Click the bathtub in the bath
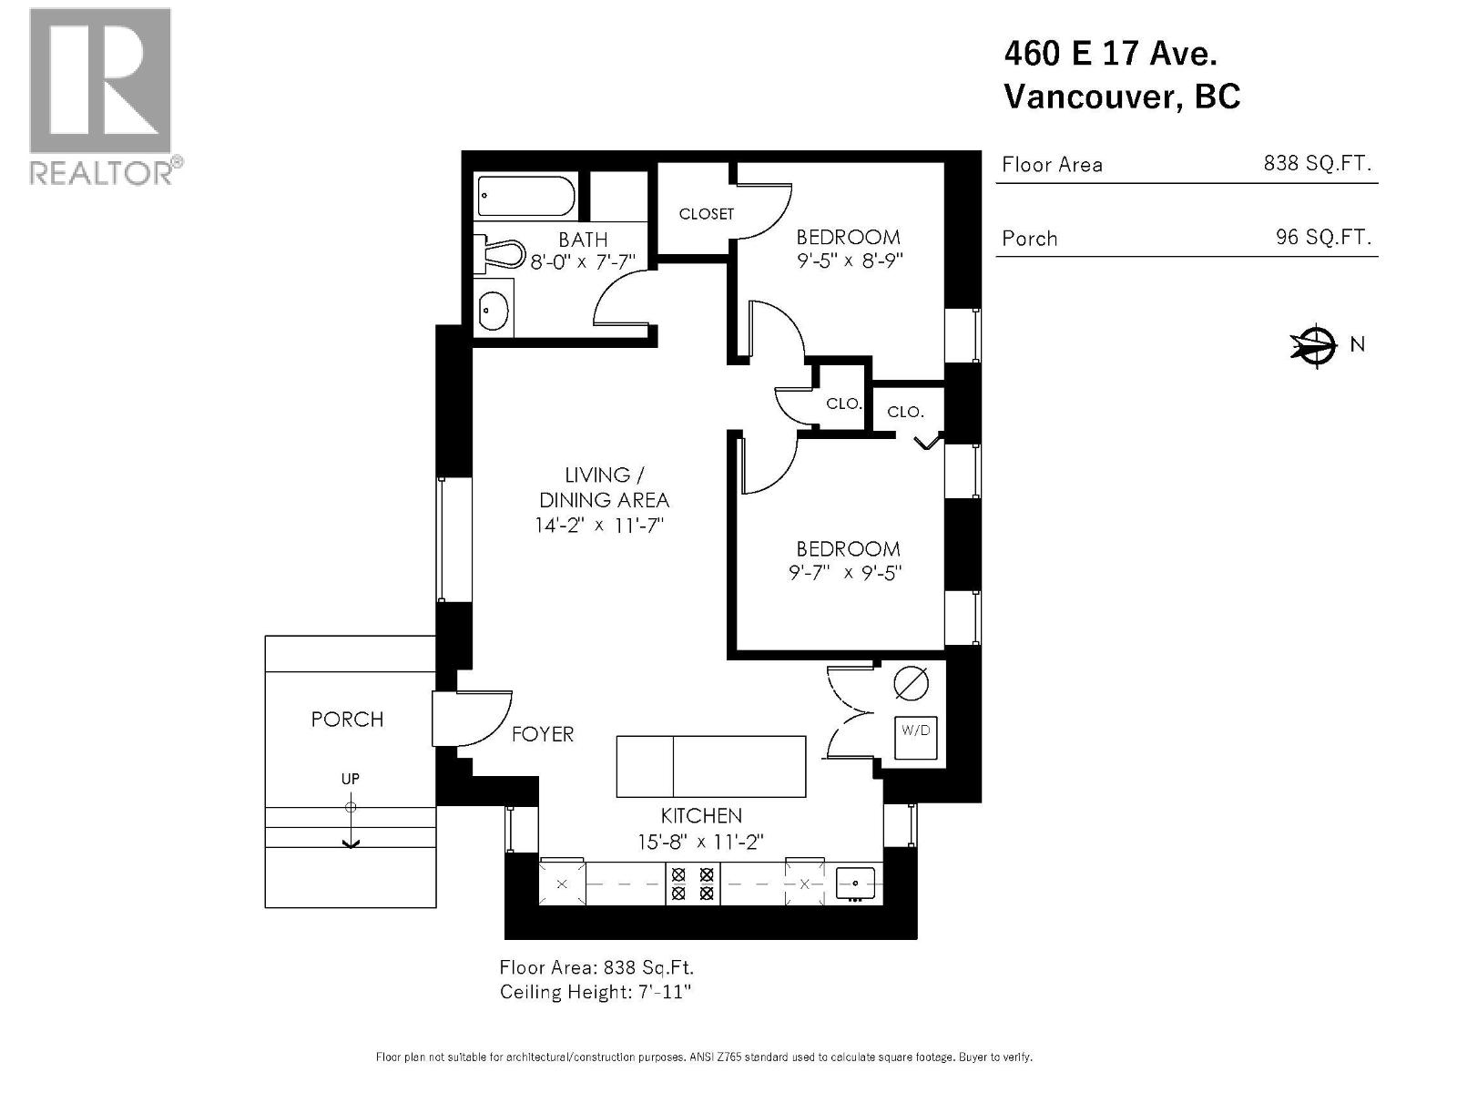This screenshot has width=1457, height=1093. coord(525,196)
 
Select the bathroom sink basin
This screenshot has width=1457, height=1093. coord(494,310)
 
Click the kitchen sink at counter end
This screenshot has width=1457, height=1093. coord(855,883)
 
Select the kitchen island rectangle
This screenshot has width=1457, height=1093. coord(711,767)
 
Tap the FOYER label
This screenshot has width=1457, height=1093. coord(543,734)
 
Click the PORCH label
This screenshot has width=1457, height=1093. coord(347,720)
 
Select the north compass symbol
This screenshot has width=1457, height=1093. coord(1313,344)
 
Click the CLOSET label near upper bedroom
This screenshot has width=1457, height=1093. coord(706,214)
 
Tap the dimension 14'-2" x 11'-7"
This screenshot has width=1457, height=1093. coord(604,526)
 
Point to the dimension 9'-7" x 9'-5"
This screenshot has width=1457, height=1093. coord(847,573)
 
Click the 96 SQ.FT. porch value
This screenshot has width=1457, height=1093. coord(1322,238)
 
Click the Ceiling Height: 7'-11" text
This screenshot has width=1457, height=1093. coord(596,992)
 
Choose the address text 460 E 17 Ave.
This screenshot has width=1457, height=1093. coord(1110,54)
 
